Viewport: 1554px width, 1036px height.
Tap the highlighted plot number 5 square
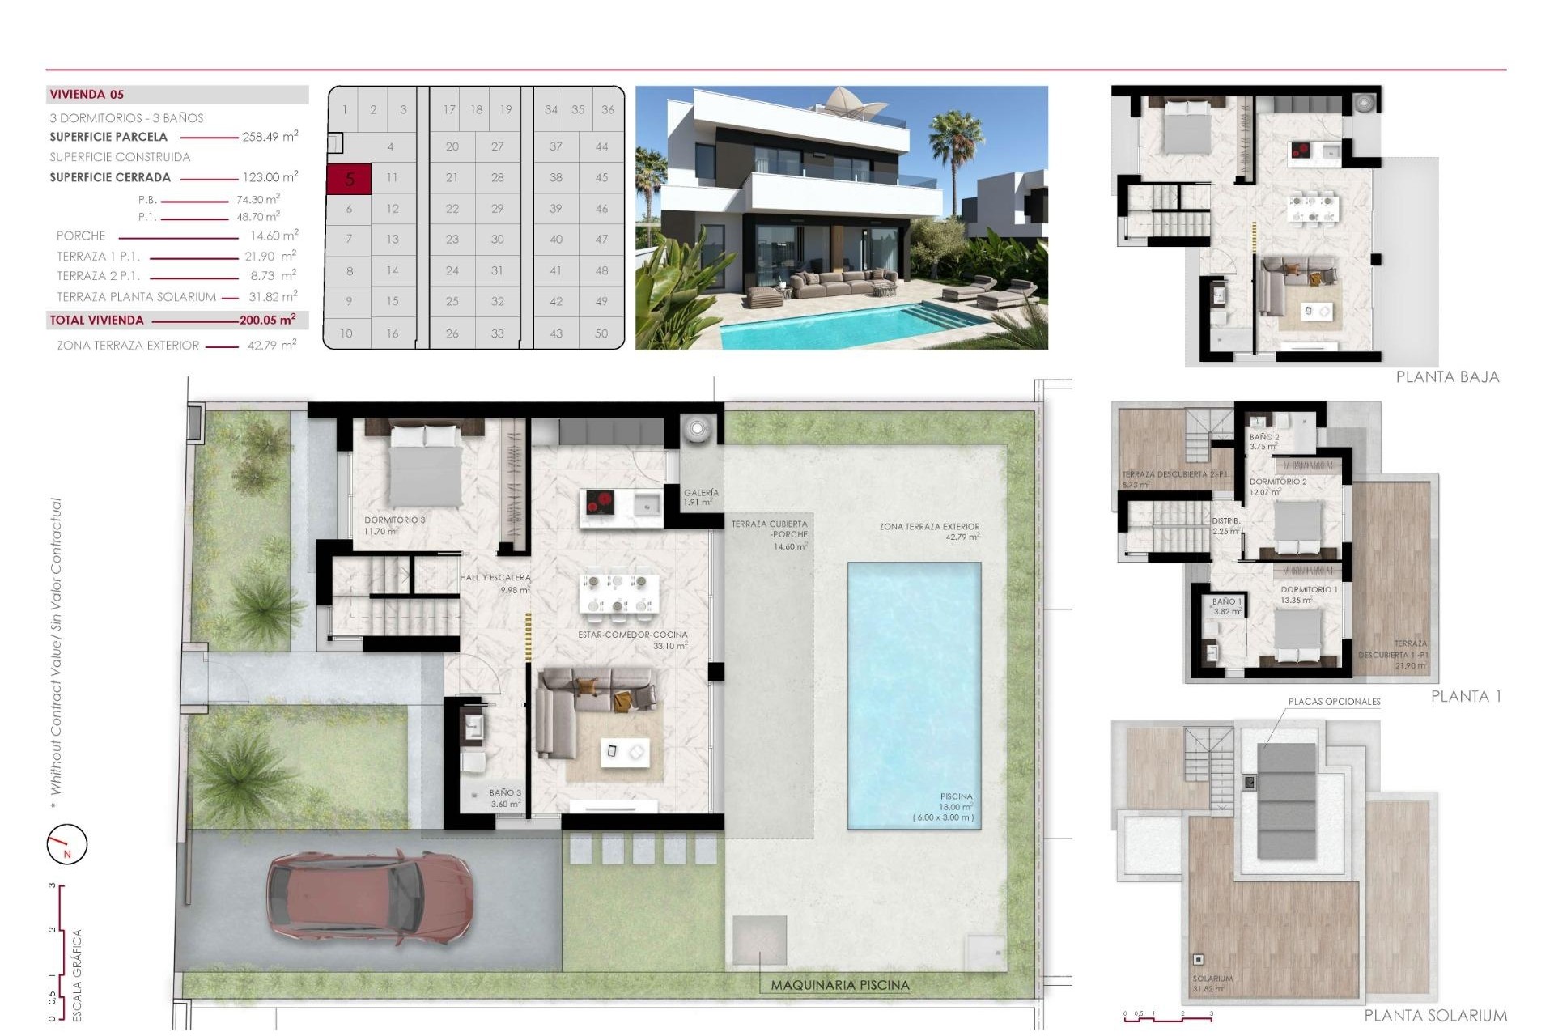click(x=349, y=179)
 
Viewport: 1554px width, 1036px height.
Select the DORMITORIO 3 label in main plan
click(x=393, y=520)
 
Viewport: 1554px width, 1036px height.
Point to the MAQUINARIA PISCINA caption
click(x=839, y=986)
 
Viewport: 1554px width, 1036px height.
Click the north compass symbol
click(x=66, y=844)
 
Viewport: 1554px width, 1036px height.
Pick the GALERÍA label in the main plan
click(x=701, y=493)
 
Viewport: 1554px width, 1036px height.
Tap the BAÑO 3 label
click(x=505, y=793)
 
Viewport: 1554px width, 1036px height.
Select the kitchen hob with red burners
click(x=600, y=503)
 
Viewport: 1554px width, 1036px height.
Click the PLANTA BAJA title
click(x=1447, y=377)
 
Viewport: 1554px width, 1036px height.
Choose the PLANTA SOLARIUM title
click(x=1435, y=1016)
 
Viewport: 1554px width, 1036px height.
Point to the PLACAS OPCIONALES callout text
click(x=1334, y=702)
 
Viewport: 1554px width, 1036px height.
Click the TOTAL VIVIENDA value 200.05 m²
click(x=267, y=321)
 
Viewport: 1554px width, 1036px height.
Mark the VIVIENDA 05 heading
click(x=87, y=95)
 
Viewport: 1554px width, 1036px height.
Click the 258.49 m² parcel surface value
click(x=270, y=137)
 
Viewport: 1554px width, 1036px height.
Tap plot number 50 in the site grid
click(x=601, y=333)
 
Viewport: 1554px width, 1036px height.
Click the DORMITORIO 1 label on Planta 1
click(x=1309, y=590)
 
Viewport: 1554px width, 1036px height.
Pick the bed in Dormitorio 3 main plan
click(x=426, y=465)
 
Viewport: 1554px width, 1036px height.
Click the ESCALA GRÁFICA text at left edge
click(x=78, y=974)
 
